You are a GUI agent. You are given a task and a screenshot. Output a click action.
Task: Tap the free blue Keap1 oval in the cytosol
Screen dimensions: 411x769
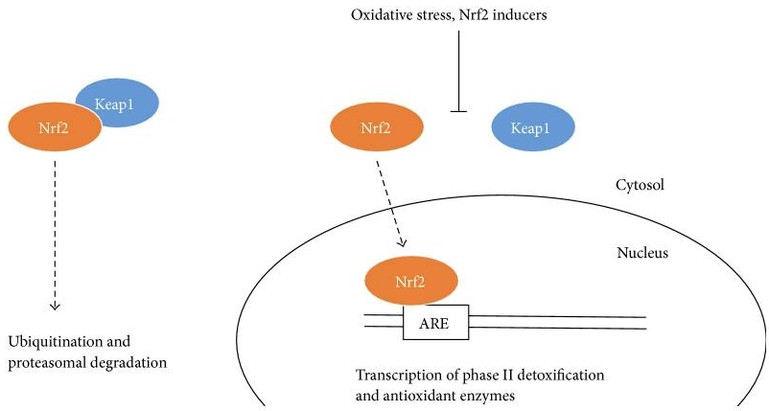click(533, 127)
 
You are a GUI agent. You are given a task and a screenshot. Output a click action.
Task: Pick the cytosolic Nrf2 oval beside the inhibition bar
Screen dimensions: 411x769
click(378, 127)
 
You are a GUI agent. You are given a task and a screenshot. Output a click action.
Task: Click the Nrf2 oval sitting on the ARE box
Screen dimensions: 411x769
click(411, 282)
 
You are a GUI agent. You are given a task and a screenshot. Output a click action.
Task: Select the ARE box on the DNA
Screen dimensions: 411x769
click(435, 324)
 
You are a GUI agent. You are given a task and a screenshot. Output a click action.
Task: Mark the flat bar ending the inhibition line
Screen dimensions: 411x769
click(458, 112)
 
